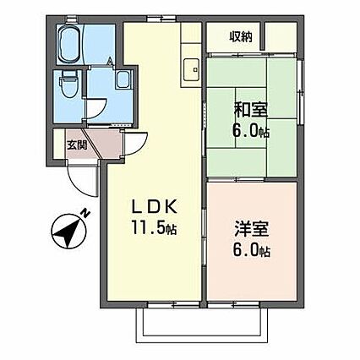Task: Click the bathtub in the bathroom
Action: click(x=70, y=43)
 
